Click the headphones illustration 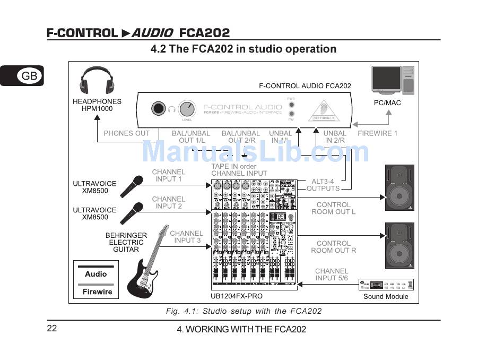pyautogui.click(x=97, y=81)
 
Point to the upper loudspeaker pyautogui.click(x=399, y=188)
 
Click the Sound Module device pyautogui.click(x=386, y=285)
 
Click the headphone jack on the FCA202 pyautogui.click(x=158, y=109)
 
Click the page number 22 pyautogui.click(x=52, y=328)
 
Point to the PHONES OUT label pyautogui.click(x=127, y=133)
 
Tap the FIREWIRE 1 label pyautogui.click(x=378, y=133)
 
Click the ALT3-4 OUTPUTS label pyautogui.click(x=323, y=185)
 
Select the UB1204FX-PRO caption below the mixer pyautogui.click(x=237, y=296)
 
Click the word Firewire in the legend pyautogui.click(x=97, y=292)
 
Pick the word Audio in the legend pyautogui.click(x=96, y=274)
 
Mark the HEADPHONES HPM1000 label pyautogui.click(x=97, y=105)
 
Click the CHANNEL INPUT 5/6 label pyautogui.click(x=332, y=274)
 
